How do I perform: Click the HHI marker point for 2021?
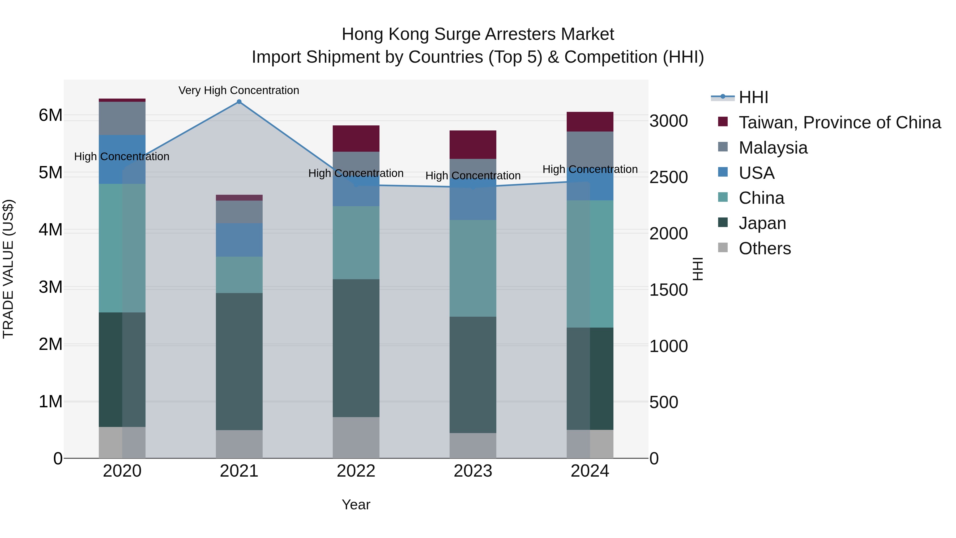[x=239, y=102]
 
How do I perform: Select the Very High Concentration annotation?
[x=239, y=90]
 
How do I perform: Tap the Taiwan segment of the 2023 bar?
[x=473, y=145]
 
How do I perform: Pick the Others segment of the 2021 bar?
[x=239, y=444]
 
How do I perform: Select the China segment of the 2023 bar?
[x=473, y=268]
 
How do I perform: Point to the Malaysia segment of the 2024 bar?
[x=590, y=148]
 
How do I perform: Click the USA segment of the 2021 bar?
[x=239, y=240]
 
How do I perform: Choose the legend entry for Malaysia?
[x=773, y=148]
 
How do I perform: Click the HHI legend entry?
[x=753, y=97]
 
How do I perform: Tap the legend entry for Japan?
[x=762, y=223]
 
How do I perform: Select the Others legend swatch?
[x=723, y=248]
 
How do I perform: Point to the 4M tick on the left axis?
[x=50, y=230]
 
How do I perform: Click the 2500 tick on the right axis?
[x=668, y=177]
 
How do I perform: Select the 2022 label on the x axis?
[x=356, y=471]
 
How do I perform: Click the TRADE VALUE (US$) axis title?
[x=8, y=269]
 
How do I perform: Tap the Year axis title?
[x=356, y=505]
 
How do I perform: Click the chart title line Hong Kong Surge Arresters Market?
[x=478, y=34]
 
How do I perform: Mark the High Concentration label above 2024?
[x=590, y=169]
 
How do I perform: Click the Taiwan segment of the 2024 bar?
[x=590, y=121]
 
